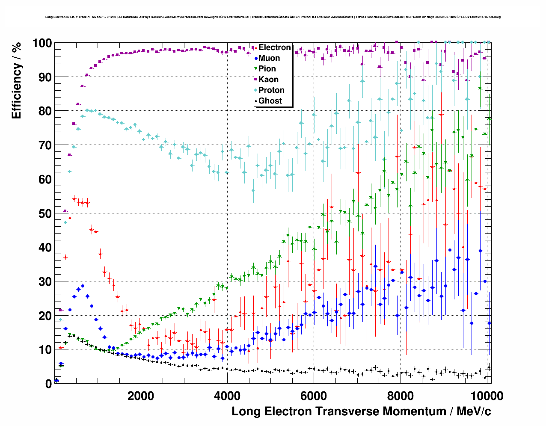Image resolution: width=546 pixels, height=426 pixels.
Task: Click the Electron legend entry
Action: (274, 47)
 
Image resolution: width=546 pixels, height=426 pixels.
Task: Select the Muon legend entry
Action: (269, 58)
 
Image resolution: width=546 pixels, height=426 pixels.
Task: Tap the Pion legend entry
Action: (267, 69)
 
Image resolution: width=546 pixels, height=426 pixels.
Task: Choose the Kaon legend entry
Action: (268, 80)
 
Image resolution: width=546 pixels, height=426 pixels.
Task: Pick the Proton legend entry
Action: (271, 90)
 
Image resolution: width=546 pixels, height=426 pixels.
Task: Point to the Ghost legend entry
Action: (270, 101)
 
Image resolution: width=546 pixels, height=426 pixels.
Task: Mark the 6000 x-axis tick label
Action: (314, 396)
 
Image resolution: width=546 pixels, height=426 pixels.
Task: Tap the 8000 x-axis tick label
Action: (400, 396)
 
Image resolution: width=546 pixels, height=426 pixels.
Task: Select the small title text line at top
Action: (273, 17)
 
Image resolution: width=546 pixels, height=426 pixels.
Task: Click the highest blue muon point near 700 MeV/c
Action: (83, 286)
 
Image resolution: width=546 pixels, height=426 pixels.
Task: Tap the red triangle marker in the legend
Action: (256, 47)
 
